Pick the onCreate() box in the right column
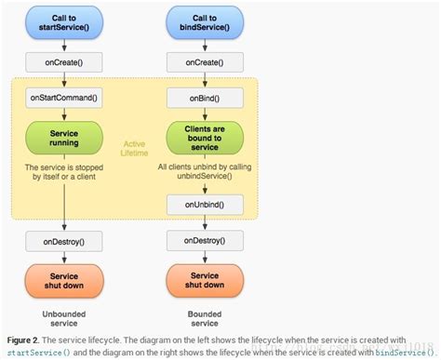[205, 64]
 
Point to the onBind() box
[205, 97]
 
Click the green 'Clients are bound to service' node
[205, 137]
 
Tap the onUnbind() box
[205, 203]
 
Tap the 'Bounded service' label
[205, 318]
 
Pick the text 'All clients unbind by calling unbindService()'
[205, 172]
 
